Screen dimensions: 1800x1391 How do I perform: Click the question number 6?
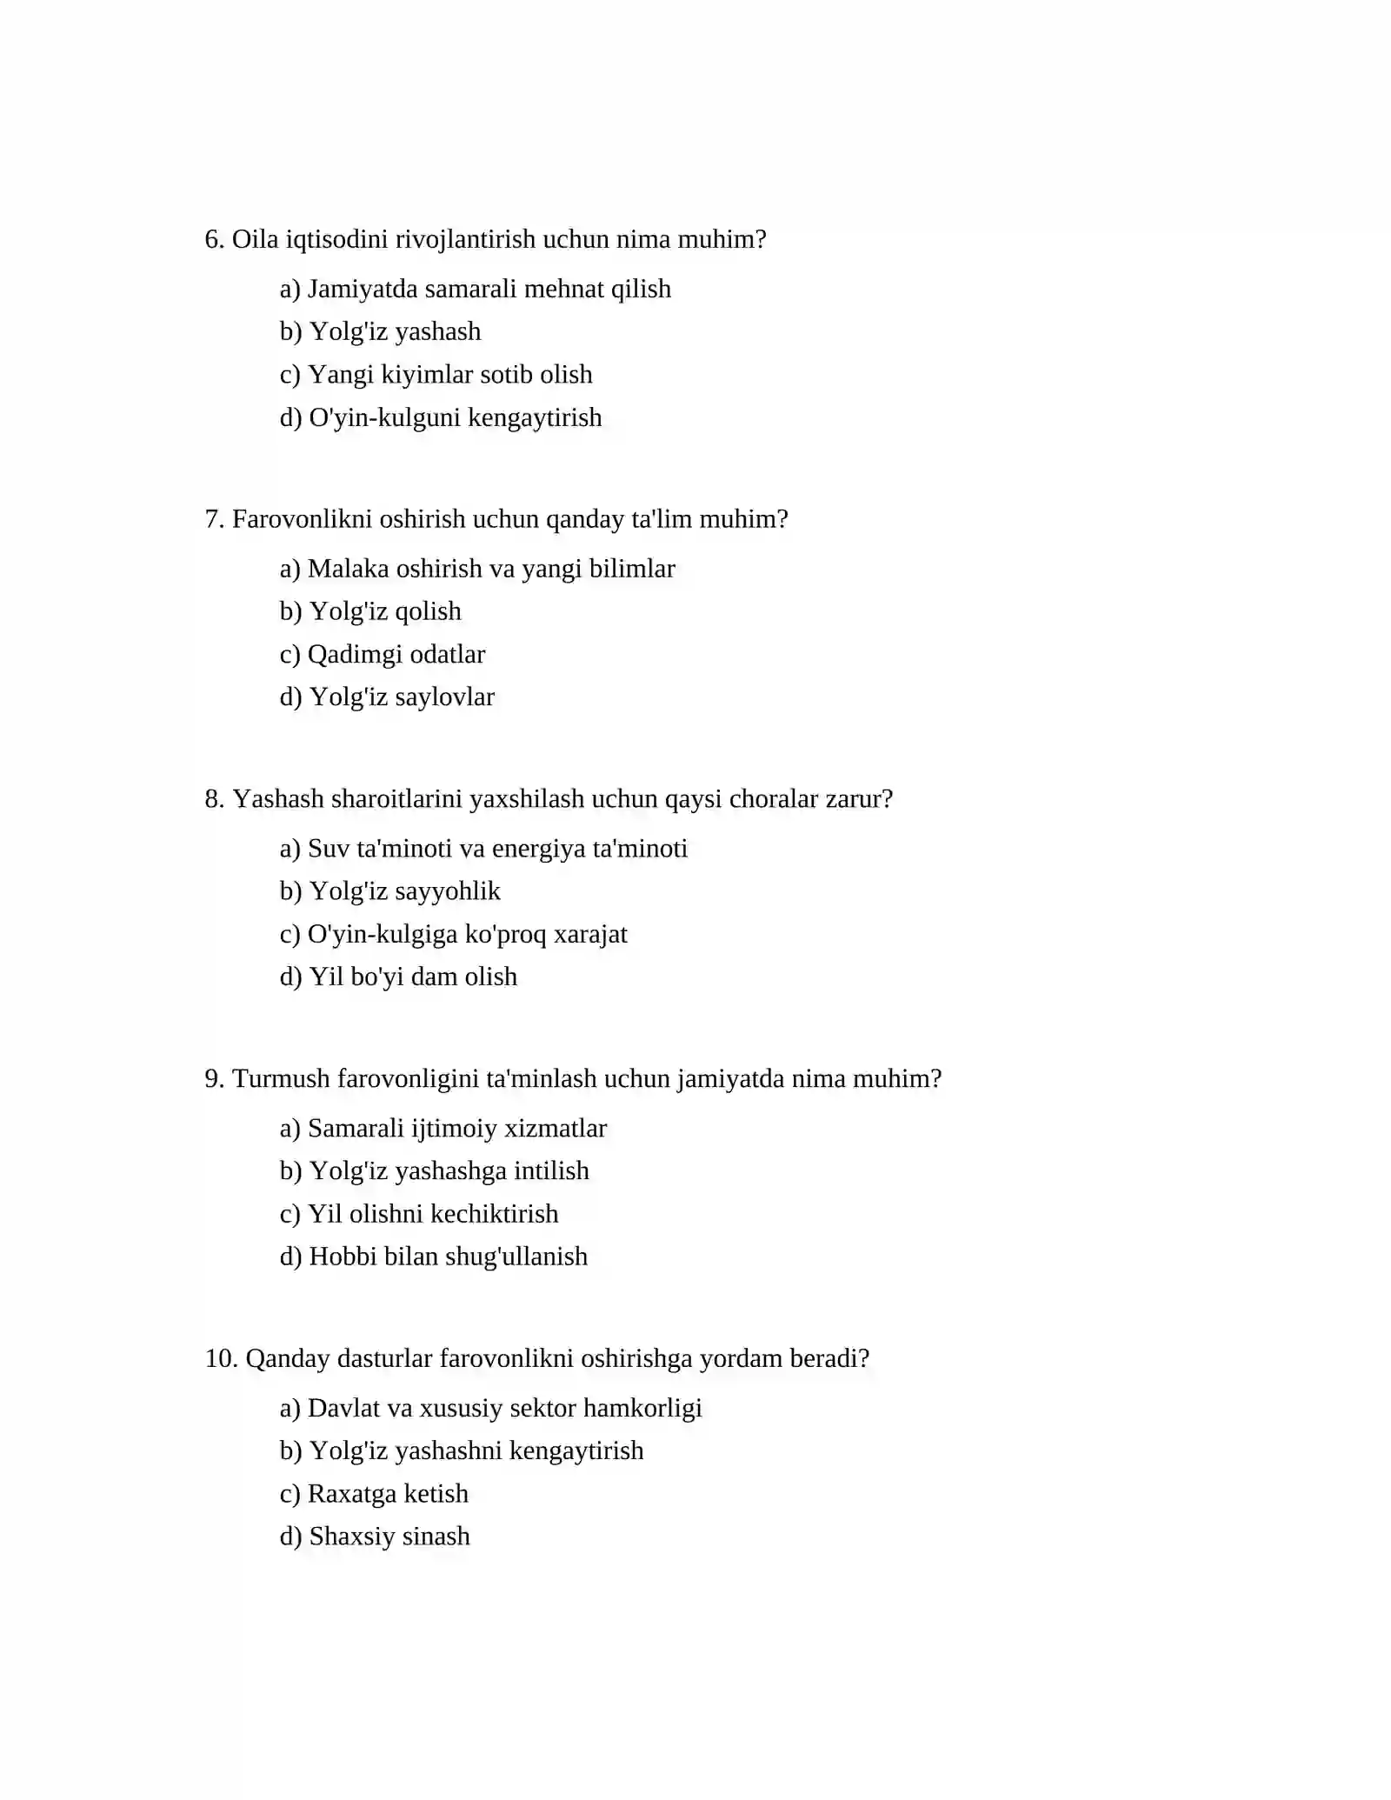(214, 239)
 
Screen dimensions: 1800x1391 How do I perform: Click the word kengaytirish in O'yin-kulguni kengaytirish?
(535, 417)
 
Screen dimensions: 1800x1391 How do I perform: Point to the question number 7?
(214, 519)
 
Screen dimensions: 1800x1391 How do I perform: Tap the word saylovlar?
(444, 697)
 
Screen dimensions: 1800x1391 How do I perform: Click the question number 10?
(221, 1359)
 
